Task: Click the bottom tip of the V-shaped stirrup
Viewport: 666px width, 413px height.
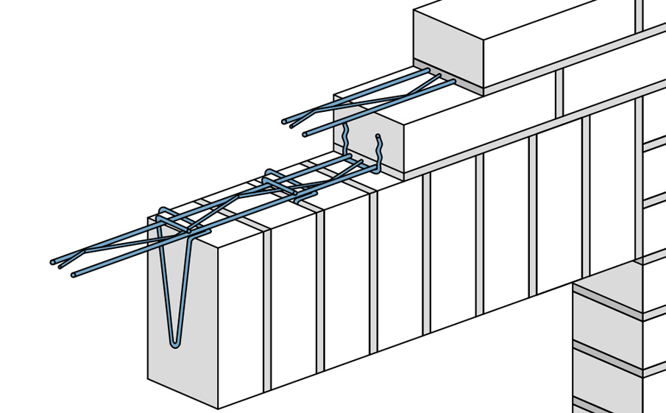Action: pos(174,343)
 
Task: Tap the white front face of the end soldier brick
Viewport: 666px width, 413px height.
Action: pos(241,317)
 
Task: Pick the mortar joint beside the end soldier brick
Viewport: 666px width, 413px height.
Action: pos(267,309)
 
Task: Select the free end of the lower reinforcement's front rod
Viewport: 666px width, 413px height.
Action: pos(74,275)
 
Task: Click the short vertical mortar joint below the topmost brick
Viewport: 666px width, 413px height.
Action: pos(559,93)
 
